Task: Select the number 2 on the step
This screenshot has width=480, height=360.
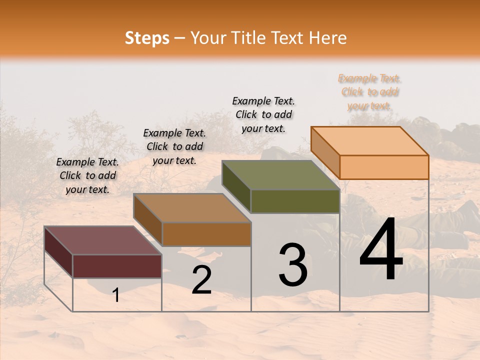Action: coord(201,280)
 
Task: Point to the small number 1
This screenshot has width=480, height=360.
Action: coord(115,295)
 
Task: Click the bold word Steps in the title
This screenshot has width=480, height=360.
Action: coord(147,38)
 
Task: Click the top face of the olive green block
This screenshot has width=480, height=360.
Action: coord(281,175)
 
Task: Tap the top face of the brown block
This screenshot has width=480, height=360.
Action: coord(192,208)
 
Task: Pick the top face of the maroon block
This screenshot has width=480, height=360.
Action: coord(103,240)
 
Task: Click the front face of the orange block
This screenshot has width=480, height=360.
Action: coord(384,167)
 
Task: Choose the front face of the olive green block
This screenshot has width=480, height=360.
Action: coord(295,201)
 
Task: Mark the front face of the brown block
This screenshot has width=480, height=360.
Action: coord(206,234)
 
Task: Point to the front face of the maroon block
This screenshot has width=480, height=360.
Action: coord(117,266)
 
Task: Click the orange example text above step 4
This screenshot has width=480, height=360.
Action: coord(369,92)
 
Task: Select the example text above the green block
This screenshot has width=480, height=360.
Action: coord(263,114)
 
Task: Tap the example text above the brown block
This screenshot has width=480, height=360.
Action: coord(174,146)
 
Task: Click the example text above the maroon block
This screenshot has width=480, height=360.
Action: coord(87,175)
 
